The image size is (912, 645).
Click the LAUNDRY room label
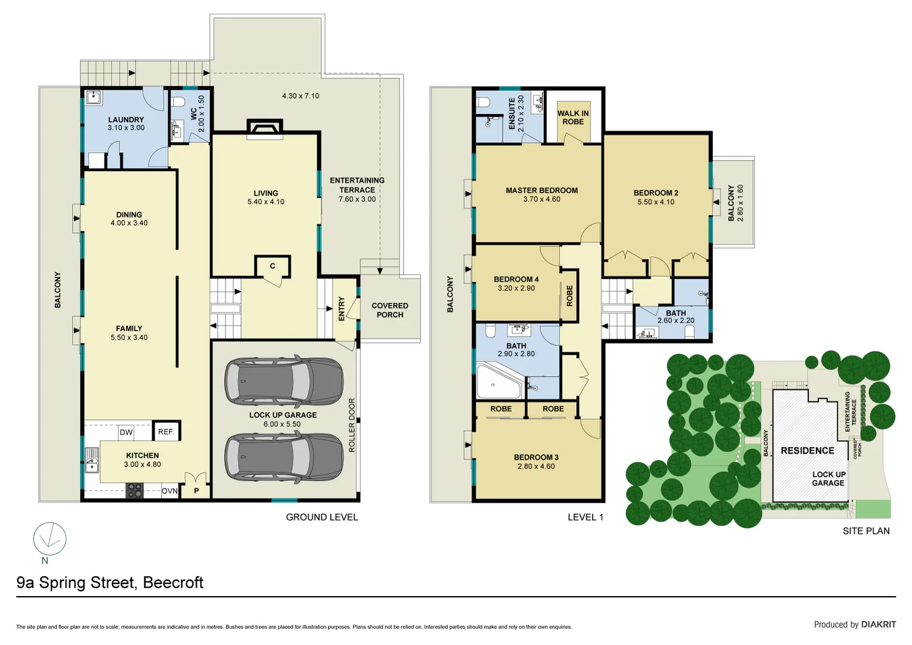pos(126,119)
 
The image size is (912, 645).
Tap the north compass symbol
pos(50,539)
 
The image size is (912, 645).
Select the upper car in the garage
pos(284,382)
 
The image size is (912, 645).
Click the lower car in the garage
pos(284,457)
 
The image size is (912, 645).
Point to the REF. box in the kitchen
pos(166,431)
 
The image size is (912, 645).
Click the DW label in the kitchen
pos(126,432)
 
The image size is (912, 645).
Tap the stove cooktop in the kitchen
pos(135,490)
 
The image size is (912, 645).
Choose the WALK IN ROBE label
pos(573,117)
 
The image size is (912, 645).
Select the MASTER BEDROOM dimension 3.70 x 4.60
pos(541,199)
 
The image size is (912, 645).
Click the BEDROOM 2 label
pos(655,193)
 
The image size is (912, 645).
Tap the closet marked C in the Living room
pos(272,266)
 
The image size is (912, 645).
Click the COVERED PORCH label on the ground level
pos(390,310)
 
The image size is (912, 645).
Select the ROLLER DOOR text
pos(352,425)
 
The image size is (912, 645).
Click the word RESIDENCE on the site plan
pos(807,450)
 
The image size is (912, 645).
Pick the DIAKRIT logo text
pos(878,624)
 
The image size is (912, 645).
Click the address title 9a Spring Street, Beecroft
pos(110,582)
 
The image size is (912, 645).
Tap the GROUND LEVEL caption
pos(322,517)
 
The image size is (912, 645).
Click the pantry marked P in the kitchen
pos(196,491)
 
